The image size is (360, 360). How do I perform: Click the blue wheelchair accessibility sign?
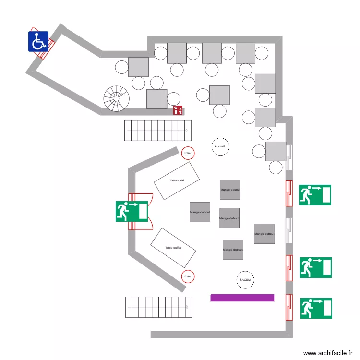(x=38, y=41)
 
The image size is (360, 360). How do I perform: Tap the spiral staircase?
(x=117, y=99)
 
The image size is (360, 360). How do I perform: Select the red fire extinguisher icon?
(x=178, y=110)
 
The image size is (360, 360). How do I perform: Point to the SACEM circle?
(x=245, y=279)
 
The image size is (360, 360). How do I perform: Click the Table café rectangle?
(x=177, y=180)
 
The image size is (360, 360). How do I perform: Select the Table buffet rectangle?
(x=173, y=248)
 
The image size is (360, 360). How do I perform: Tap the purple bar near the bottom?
(x=242, y=298)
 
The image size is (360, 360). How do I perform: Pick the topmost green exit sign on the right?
(x=315, y=195)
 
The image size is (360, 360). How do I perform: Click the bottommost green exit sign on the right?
(x=316, y=308)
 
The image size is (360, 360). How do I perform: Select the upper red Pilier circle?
(x=188, y=153)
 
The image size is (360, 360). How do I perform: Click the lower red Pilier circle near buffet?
(x=188, y=276)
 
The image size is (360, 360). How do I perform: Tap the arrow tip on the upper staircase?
(x=187, y=131)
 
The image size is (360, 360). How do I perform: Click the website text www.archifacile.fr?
(x=331, y=353)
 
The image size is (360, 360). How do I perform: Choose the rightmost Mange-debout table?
(x=264, y=234)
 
